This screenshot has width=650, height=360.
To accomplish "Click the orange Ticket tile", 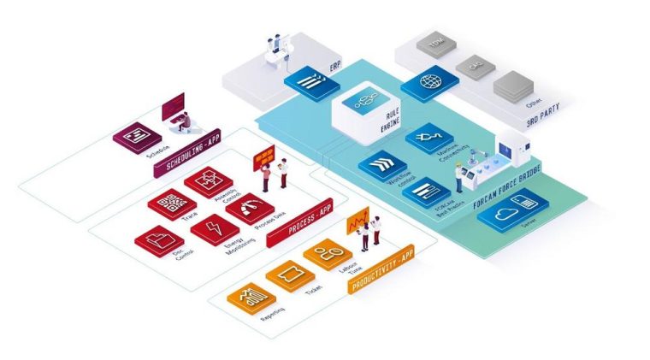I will [x=288, y=277].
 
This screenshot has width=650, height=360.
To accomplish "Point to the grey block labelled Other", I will [x=511, y=84].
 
